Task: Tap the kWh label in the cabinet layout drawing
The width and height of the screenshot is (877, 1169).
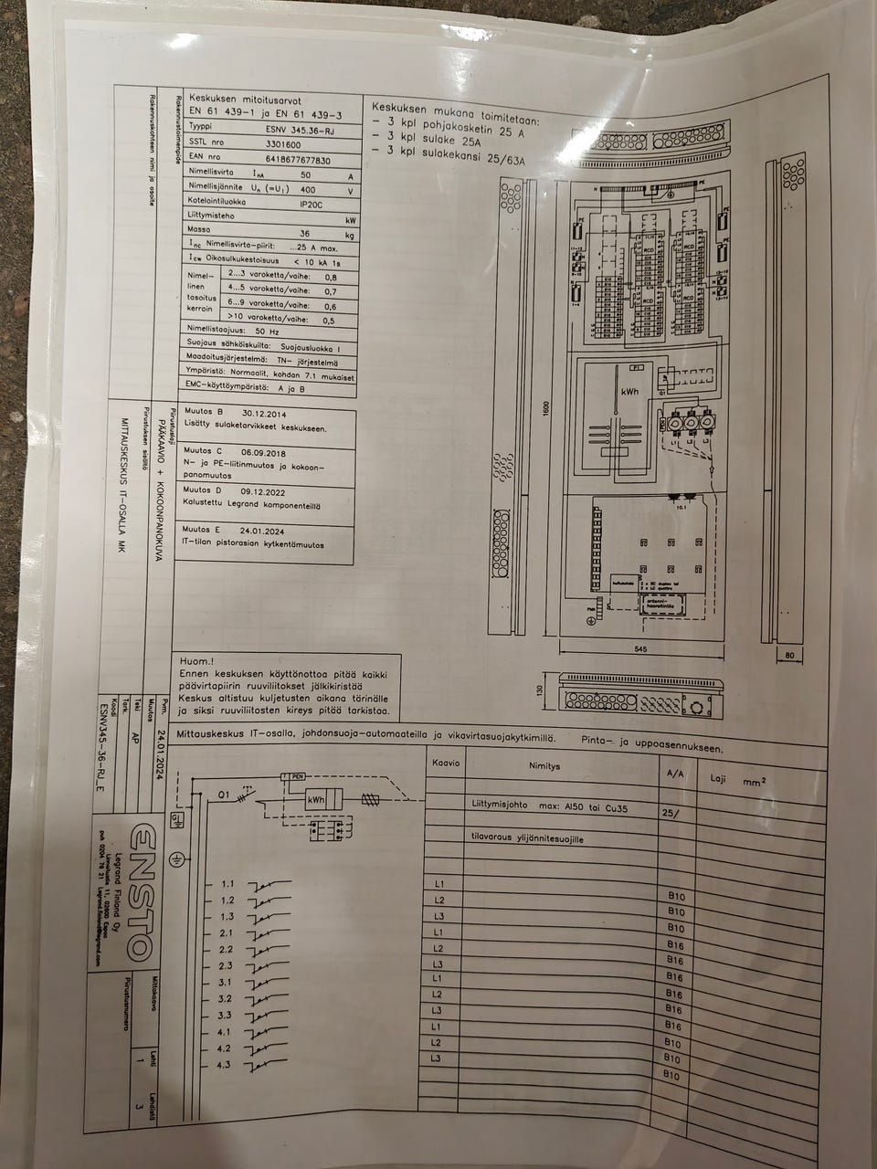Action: [x=630, y=391]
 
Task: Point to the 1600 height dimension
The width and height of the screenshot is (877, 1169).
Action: [x=545, y=409]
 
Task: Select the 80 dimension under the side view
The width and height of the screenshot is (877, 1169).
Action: [x=790, y=655]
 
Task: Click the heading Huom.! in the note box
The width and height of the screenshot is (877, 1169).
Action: [x=197, y=661]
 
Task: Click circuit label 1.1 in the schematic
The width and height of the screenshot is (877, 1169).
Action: [x=227, y=884]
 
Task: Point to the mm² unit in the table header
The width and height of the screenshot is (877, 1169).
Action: [x=754, y=781]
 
